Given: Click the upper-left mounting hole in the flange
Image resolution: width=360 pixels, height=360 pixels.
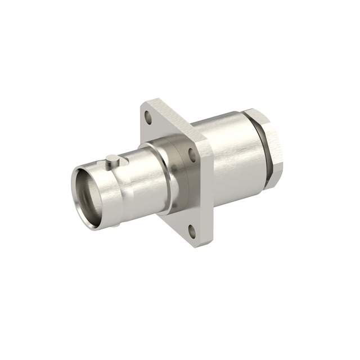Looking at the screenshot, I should point(149,118).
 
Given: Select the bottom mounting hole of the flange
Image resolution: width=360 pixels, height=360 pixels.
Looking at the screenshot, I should point(191,229).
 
